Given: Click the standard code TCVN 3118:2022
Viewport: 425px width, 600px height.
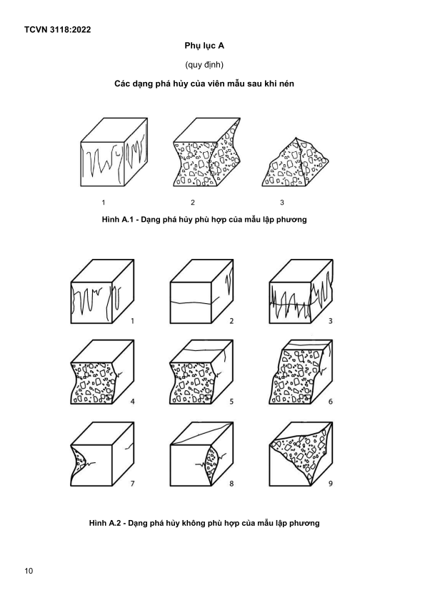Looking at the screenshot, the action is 57,30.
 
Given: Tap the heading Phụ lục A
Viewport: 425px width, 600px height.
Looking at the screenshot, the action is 204,46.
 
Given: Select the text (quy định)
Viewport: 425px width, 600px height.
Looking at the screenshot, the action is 204,65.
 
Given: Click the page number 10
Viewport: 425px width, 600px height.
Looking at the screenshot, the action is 29,571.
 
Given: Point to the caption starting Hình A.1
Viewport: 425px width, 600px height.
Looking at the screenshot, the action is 204,220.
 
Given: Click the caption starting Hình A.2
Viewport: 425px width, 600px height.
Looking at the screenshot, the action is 204,523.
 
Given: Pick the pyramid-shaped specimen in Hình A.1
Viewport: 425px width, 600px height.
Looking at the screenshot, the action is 296,162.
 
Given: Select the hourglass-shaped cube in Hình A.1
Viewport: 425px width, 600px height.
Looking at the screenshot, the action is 207,152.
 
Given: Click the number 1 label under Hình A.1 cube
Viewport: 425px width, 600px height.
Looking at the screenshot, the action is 104,203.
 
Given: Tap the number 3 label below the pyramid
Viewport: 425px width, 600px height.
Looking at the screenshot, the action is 282,203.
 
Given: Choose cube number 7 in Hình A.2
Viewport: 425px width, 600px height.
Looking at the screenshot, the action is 102,454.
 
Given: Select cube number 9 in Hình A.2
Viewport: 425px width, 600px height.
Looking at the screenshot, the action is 301,454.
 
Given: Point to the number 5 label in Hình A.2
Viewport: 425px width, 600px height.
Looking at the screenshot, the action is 231,402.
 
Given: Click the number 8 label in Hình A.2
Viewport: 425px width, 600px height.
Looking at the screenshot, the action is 231,484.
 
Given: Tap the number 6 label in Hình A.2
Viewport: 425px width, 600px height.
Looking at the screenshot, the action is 330,402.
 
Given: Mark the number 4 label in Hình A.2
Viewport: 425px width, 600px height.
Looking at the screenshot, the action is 133,402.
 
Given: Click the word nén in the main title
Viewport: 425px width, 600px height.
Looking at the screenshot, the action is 287,83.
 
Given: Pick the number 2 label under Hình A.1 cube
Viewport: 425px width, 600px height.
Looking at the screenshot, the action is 193,203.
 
